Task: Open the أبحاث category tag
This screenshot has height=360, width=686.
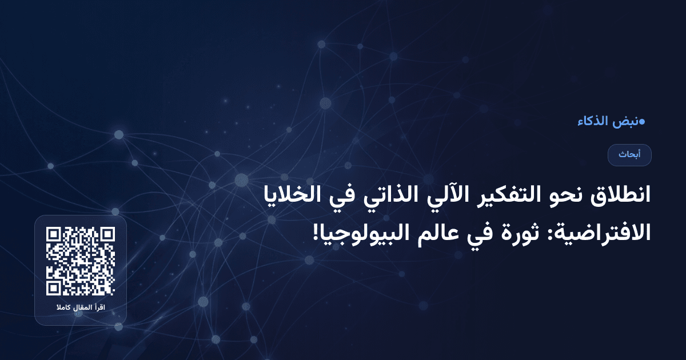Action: (x=629, y=155)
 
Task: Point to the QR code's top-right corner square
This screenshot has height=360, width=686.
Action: (x=107, y=235)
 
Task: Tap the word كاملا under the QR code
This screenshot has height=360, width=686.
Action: (x=63, y=309)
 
